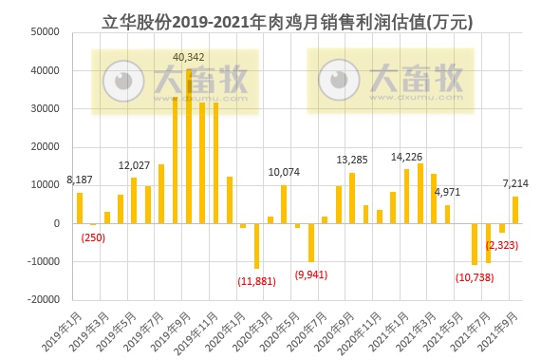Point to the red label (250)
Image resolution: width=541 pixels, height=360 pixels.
93,237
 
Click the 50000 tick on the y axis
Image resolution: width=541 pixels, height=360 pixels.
46,32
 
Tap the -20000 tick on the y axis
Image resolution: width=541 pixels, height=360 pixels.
43,300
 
